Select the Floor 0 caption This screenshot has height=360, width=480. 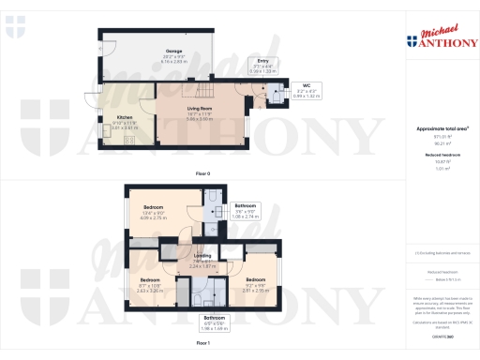[202, 174]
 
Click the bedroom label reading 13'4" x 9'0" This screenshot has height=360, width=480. [153, 212]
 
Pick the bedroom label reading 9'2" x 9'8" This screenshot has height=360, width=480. [256, 284]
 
